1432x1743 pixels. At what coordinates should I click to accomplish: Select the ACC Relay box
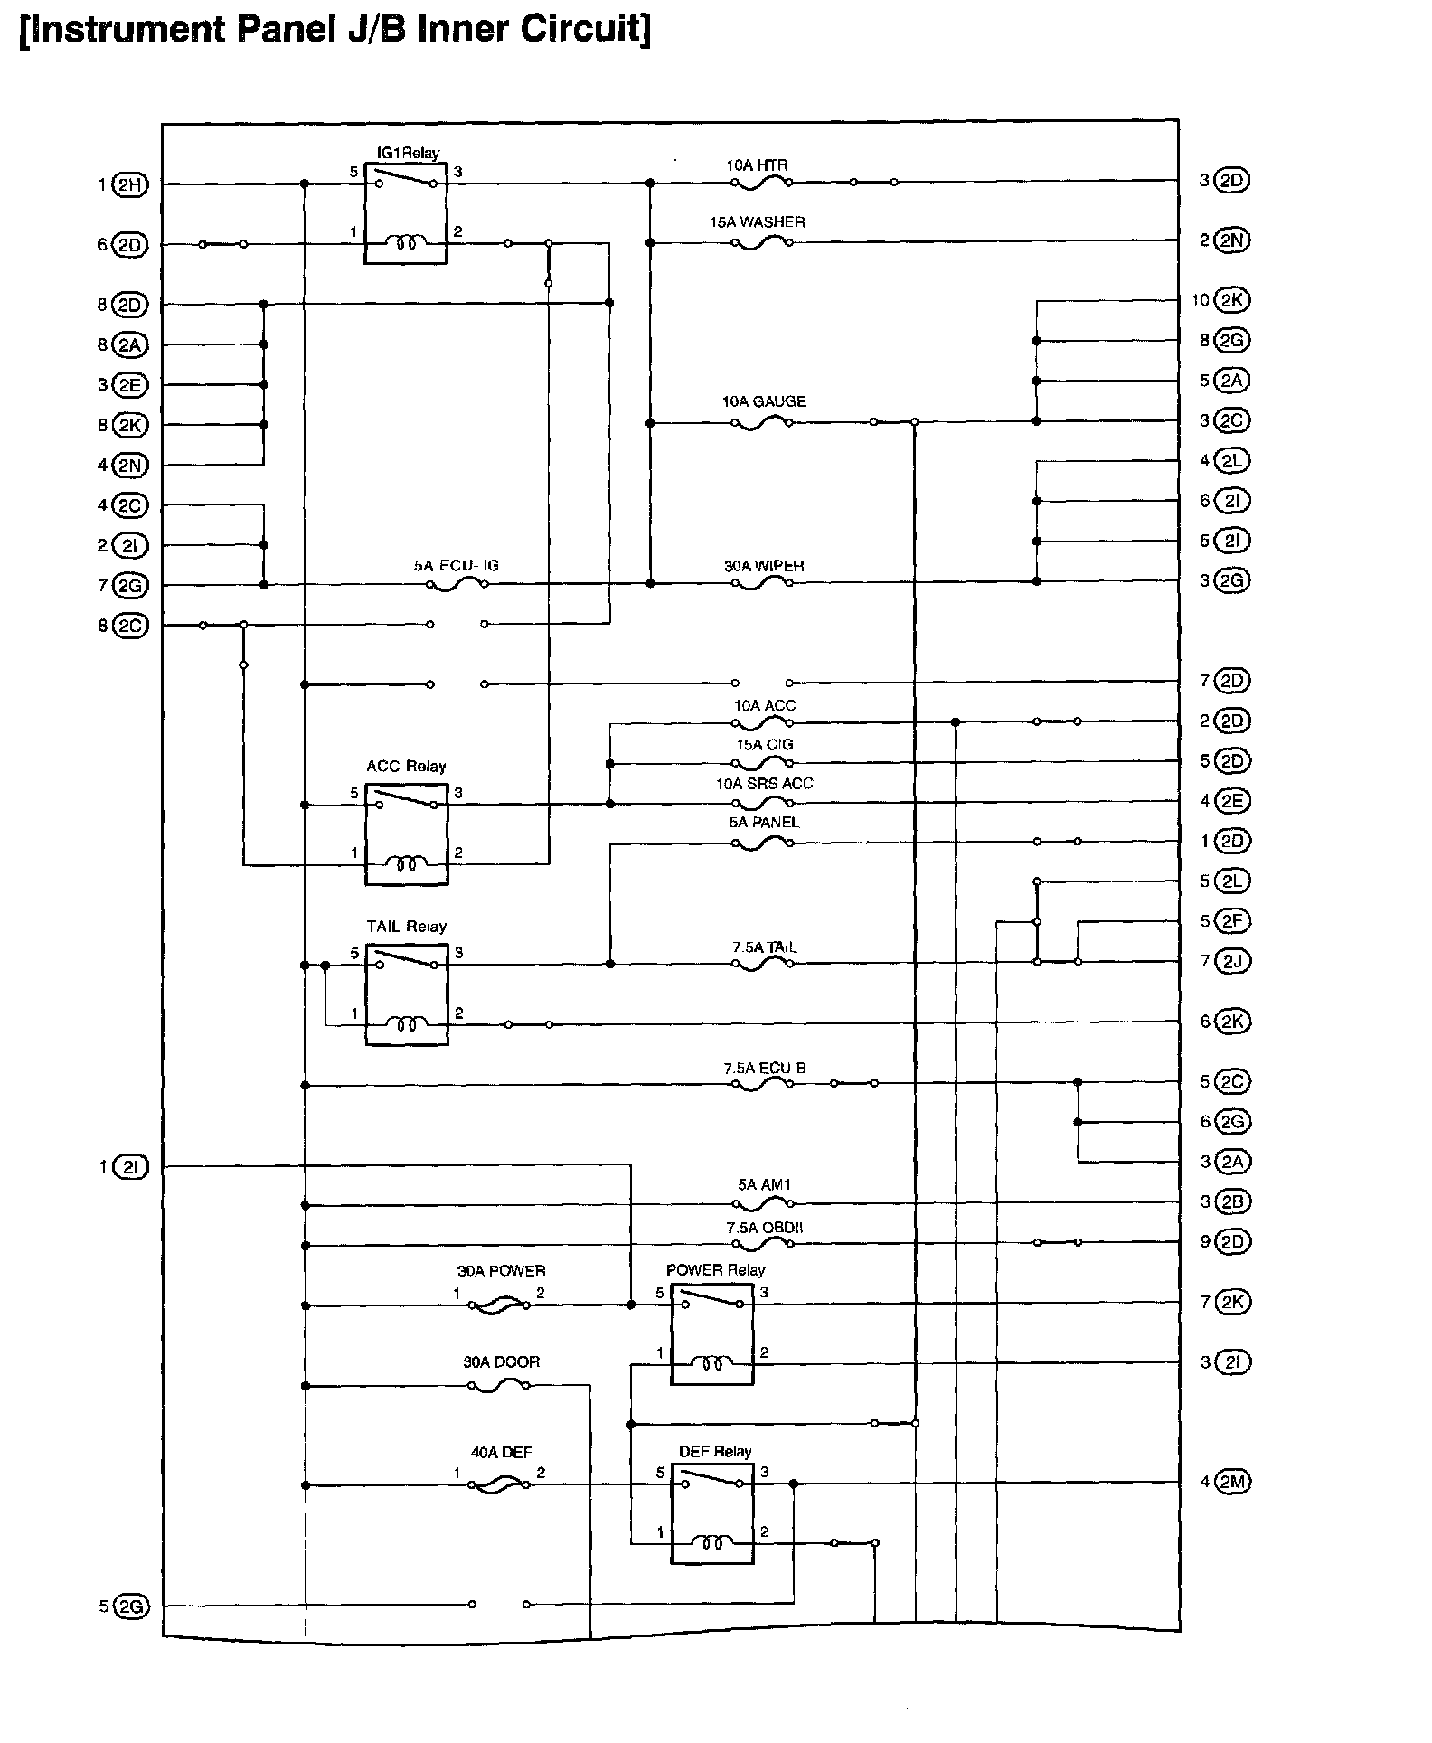coord(407,834)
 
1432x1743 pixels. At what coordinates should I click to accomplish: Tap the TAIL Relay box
coord(407,994)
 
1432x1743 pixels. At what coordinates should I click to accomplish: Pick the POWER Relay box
coord(711,1334)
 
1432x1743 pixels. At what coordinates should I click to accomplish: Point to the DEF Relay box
coord(711,1513)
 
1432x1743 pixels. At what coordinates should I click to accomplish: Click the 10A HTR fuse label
coord(757,165)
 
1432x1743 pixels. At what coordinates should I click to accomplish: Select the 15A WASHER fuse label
coord(757,222)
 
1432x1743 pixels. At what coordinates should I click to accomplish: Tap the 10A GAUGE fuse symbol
coord(762,423)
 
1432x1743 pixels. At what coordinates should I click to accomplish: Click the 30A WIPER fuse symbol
coord(762,584)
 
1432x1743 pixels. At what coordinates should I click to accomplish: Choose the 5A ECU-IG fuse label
coord(456,566)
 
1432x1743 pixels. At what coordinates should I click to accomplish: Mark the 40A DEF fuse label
coord(501,1453)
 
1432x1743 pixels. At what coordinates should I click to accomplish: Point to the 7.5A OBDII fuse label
coord(764,1228)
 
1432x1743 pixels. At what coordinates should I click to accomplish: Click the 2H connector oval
coord(129,185)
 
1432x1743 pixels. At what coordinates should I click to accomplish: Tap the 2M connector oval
coord(1232,1482)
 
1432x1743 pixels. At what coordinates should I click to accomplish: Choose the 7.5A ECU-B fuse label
coord(764,1068)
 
